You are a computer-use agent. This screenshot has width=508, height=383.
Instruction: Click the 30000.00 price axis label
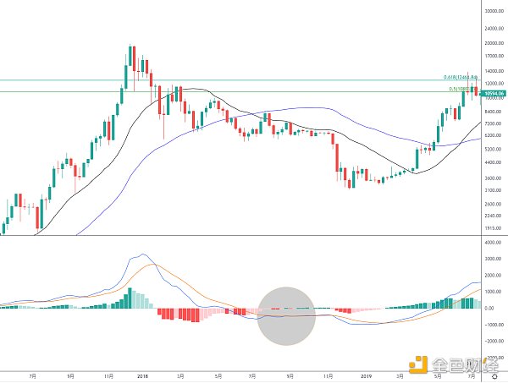pyautogui.click(x=494, y=10)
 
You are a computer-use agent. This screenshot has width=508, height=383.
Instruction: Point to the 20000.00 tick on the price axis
pyautogui.click(x=494, y=43)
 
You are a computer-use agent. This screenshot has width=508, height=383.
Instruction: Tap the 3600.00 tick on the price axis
pyautogui.click(x=494, y=179)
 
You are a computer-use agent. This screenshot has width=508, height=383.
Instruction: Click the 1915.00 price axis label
pyautogui.click(x=494, y=229)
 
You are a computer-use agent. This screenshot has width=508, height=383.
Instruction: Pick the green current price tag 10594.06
pyautogui.click(x=494, y=93)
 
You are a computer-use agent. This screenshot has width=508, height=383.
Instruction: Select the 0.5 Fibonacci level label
pyautogui.click(x=462, y=89)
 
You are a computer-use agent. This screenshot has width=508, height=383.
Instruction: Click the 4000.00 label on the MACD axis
pyautogui.click(x=494, y=243)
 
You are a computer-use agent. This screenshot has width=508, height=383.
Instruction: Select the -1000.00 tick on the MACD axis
pyautogui.click(x=494, y=325)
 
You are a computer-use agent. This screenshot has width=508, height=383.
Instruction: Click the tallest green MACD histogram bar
pyautogui.click(x=131, y=298)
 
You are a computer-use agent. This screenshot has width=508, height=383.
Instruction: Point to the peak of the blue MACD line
pyautogui.click(x=141, y=254)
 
